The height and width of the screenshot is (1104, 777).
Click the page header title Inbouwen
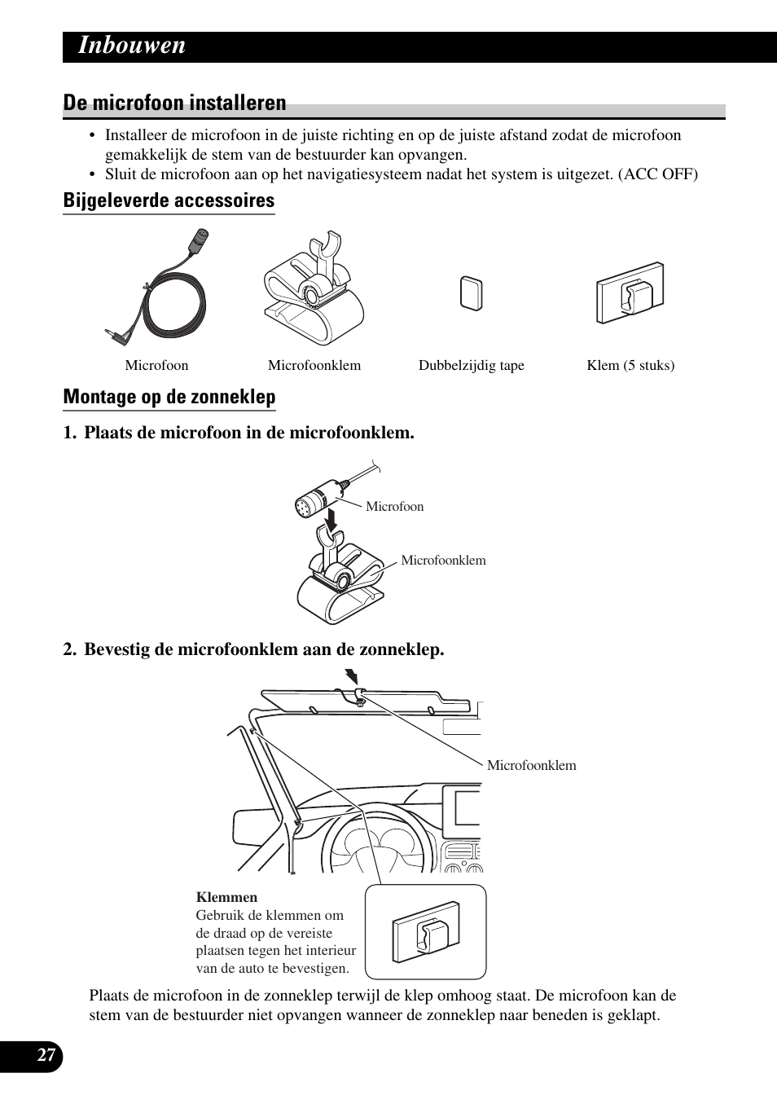[x=132, y=46]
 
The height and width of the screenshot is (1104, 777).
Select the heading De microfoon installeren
[x=175, y=103]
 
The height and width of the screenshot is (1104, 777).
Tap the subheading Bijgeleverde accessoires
[x=169, y=200]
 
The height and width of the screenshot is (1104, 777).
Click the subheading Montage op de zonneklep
[x=169, y=397]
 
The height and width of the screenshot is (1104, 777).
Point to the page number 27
[x=46, y=1056]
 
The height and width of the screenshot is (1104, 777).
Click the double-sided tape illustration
[x=471, y=293]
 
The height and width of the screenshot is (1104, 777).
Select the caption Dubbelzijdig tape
[x=471, y=366]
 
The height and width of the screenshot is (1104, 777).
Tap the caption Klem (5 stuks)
[x=630, y=366]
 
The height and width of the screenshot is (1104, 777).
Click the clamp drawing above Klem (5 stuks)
[x=630, y=293]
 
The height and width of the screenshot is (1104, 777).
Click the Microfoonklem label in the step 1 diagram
[x=443, y=561]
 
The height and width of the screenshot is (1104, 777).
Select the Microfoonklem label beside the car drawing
[x=531, y=766]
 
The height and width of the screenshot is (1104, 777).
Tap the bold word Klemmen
[x=226, y=898]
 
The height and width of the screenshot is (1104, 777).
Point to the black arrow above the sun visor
[x=352, y=677]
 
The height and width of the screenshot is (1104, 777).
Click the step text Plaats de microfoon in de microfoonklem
[x=248, y=433]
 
